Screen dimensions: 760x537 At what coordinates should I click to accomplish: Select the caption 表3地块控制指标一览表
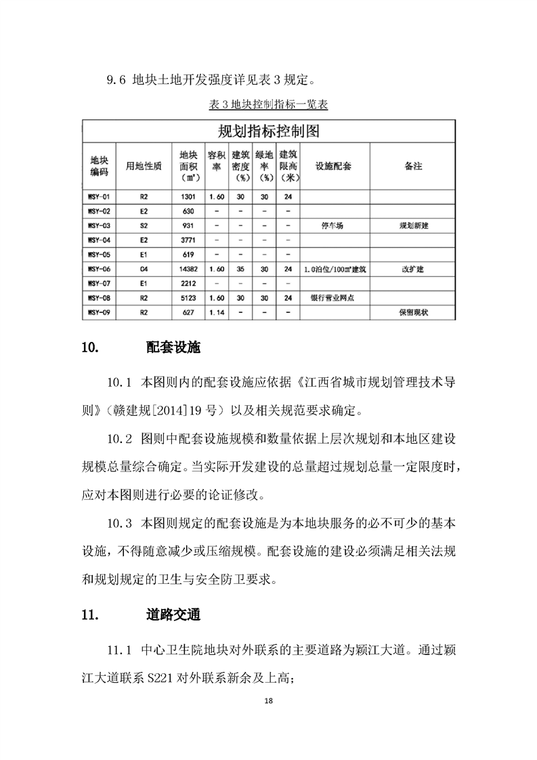[x=268, y=106]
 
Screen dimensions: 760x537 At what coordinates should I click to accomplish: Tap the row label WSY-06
[x=100, y=269]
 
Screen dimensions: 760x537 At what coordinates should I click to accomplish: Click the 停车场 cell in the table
[x=332, y=226]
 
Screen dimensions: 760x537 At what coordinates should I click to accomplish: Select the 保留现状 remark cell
[x=412, y=312]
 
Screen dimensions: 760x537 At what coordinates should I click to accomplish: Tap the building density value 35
[x=240, y=269]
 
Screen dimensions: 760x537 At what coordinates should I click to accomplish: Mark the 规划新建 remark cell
[x=412, y=226]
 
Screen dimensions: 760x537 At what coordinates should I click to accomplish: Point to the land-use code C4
[x=144, y=269]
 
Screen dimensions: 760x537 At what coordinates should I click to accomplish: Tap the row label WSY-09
[x=100, y=312]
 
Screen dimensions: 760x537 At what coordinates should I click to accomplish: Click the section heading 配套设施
[x=173, y=348]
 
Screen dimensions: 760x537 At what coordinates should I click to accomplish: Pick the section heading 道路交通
[x=173, y=616]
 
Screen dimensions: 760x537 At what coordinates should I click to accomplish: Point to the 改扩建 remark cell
[x=412, y=269]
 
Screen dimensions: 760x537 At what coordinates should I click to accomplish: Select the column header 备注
[x=412, y=166]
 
